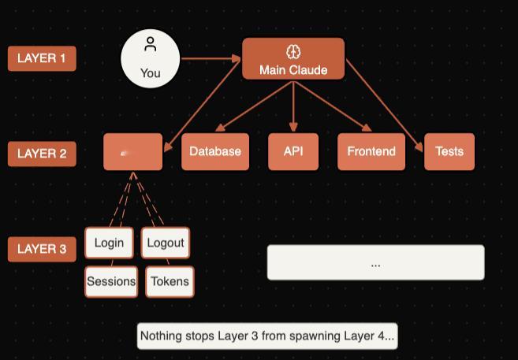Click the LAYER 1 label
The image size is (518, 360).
point(42,58)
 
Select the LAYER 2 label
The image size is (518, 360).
point(42,154)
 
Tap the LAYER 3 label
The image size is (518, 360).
point(42,249)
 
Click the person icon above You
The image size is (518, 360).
point(151,45)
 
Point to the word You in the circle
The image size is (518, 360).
point(151,73)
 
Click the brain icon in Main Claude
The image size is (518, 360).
point(293,52)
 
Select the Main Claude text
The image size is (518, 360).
point(293,70)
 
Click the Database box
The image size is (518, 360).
point(215,151)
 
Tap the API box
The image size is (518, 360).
point(293,151)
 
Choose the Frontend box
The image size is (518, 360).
point(371,151)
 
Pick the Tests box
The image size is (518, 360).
point(449,151)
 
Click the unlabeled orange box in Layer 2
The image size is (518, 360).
point(132,152)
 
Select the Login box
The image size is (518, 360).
point(109,243)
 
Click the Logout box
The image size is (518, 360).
point(166,243)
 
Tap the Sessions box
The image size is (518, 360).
point(111,281)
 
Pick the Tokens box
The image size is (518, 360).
point(170,281)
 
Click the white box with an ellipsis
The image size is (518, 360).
point(375,262)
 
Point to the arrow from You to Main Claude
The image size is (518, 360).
point(211,58)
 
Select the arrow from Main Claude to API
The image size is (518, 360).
point(293,106)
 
